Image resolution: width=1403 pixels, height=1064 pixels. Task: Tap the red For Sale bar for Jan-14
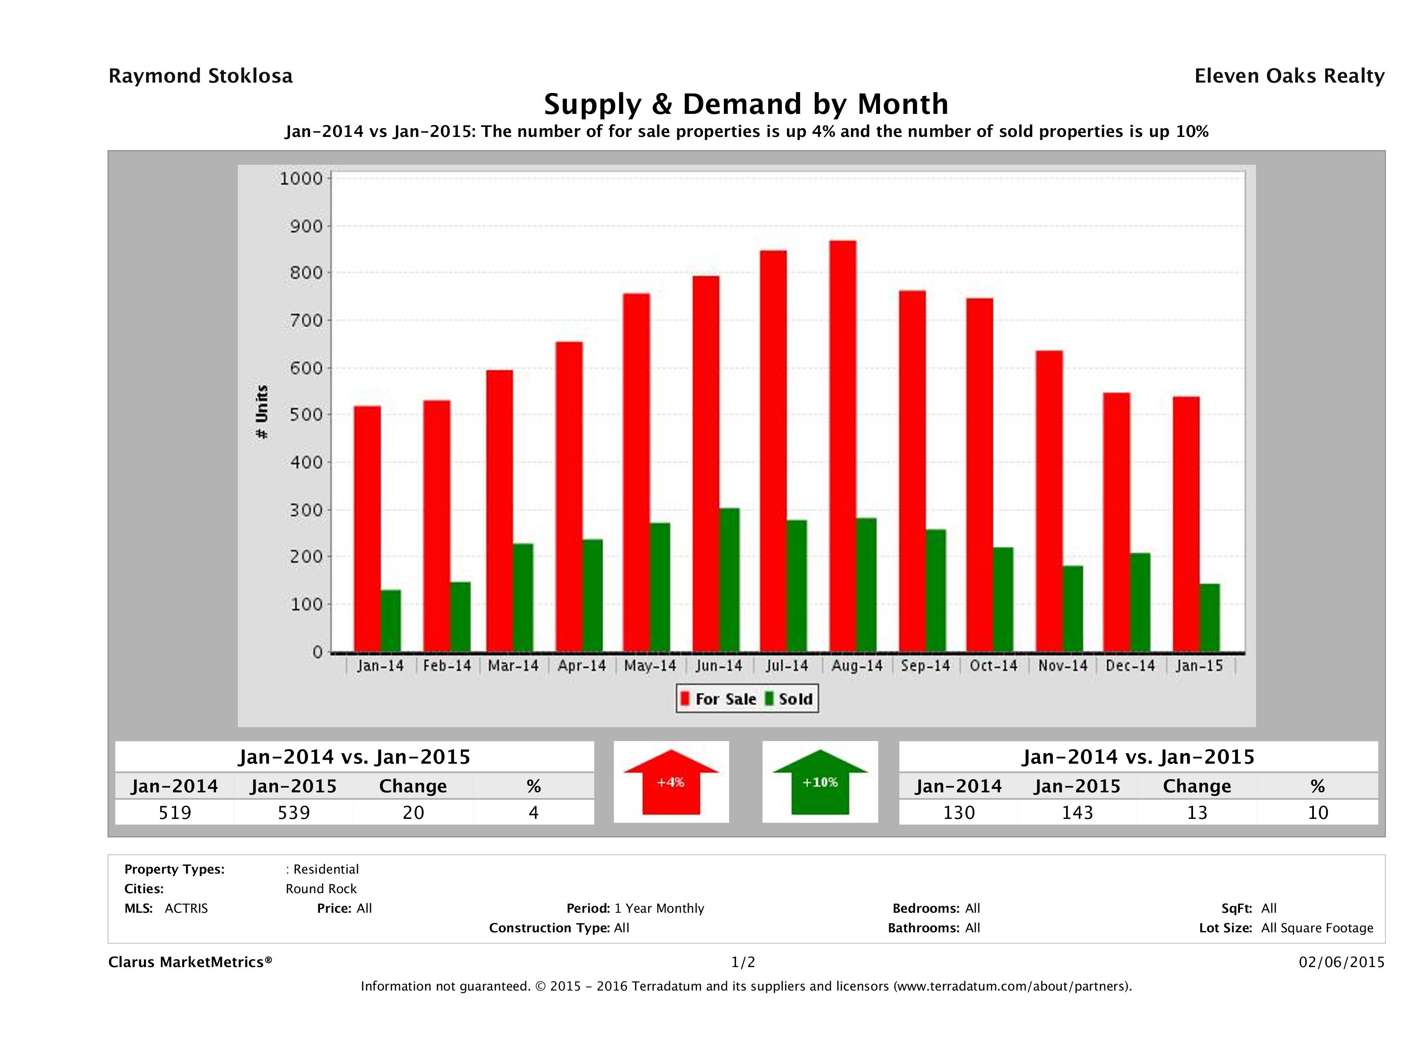coord(367,529)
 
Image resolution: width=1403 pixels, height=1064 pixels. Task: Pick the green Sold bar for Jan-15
coord(1210,618)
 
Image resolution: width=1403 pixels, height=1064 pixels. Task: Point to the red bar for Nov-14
coord(1049,501)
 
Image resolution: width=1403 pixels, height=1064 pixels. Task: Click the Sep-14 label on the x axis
coord(925,666)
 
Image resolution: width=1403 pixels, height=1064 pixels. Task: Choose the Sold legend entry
coord(789,699)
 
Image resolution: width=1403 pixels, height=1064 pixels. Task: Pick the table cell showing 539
coord(293,812)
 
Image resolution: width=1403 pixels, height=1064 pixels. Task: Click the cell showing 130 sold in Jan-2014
coord(958,812)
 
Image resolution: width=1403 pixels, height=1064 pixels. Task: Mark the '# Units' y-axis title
coord(261,412)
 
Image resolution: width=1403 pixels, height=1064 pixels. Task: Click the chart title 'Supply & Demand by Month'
coord(746,104)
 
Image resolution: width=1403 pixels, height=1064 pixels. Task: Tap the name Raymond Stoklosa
coord(200,76)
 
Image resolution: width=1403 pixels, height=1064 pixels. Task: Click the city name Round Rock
coord(321,888)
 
